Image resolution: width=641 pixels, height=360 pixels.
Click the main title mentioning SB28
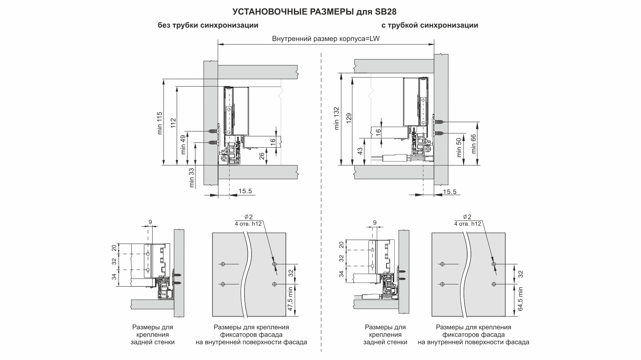point(314,12)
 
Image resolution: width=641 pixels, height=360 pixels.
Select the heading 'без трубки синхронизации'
point(208,25)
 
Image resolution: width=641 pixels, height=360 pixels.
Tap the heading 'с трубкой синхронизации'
point(430,25)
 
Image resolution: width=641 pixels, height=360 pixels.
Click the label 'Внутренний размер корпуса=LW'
point(326,39)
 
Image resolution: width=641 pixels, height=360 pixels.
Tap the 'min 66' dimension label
point(474,143)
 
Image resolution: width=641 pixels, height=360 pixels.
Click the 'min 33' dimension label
point(192,178)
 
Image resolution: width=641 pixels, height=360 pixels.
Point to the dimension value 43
point(360,151)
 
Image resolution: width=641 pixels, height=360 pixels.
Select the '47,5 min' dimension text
point(290,299)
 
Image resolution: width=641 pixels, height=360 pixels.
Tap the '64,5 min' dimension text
point(521,299)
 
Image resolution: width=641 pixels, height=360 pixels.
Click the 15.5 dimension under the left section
point(245,191)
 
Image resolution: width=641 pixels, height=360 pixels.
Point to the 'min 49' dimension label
point(183,145)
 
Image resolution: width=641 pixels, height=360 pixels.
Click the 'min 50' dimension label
point(459,148)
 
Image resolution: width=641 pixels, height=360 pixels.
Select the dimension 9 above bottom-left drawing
point(150,222)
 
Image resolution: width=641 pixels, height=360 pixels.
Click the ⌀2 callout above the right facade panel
point(467,217)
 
